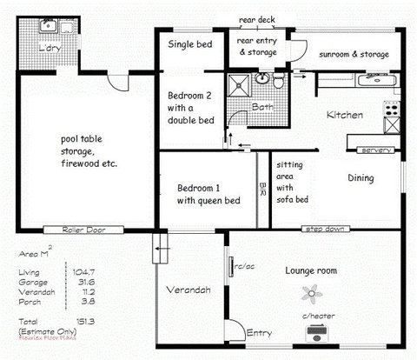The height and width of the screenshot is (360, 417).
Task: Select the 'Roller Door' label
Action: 83,230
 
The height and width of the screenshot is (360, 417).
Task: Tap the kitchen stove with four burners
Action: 391,110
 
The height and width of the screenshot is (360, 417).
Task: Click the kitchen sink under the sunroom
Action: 376,80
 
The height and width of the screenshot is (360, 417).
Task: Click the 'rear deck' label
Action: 258,19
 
